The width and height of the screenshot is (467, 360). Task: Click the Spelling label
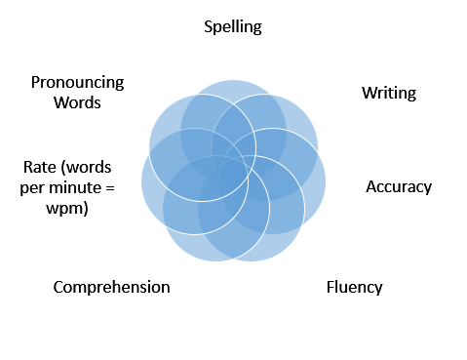click(233, 26)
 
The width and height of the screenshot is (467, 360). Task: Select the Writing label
click(389, 94)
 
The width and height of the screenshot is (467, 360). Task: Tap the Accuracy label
click(399, 186)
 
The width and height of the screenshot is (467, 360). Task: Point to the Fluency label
click(354, 287)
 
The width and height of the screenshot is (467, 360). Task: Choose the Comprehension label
click(111, 287)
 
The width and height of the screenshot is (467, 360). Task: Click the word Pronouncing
click(78, 83)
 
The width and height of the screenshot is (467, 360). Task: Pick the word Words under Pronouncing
click(78, 102)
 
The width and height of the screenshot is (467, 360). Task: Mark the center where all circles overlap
click(233, 172)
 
